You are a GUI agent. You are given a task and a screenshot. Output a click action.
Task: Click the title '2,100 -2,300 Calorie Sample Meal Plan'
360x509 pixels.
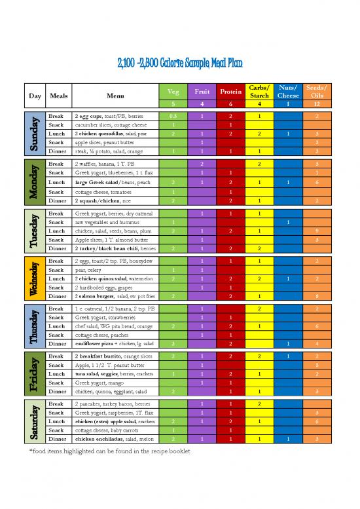pyautogui.click(x=179, y=64)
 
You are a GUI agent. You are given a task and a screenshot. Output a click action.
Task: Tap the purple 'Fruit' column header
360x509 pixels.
pyautogui.click(x=203, y=92)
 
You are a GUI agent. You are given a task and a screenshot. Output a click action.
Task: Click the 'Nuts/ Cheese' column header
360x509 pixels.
pyautogui.click(x=288, y=92)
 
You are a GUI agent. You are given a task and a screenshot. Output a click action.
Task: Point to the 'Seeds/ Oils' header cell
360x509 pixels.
pyautogui.click(x=317, y=92)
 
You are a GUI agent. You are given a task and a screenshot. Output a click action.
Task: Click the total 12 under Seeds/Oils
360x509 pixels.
pyautogui.click(x=317, y=104)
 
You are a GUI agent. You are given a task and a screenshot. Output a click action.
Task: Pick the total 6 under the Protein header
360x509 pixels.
pyautogui.click(x=231, y=104)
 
